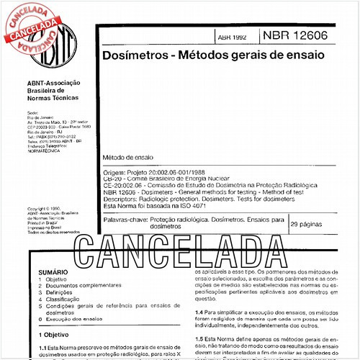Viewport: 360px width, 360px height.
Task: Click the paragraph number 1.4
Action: [199, 311]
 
